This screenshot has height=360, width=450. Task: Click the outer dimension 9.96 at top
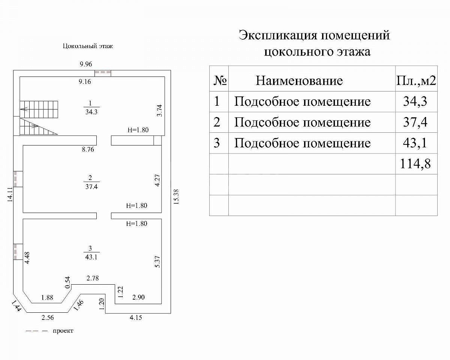point(86,64)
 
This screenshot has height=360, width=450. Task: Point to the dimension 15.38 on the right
point(176,196)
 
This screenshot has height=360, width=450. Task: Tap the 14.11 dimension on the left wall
point(10,195)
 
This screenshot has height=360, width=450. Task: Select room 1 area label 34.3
point(91,112)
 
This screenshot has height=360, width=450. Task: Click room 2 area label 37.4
point(91,186)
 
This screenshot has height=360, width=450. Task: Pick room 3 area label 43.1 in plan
point(91,257)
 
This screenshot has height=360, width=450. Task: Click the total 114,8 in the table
point(415,163)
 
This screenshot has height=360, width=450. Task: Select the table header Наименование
point(299,81)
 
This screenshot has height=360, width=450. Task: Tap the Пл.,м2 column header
point(416,81)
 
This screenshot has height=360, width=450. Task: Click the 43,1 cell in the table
point(415,143)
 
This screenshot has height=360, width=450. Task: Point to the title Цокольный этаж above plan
point(88,46)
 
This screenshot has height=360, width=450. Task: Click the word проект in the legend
point(63,331)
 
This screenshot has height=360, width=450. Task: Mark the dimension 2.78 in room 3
point(93,278)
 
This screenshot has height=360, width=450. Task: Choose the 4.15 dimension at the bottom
point(136,318)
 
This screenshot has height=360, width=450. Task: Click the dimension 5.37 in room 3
point(158,261)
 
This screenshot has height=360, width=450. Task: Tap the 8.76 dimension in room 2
point(88,149)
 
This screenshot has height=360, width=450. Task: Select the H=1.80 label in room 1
point(138,130)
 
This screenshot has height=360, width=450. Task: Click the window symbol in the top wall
point(103,73)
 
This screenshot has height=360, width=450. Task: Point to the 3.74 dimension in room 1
point(159,111)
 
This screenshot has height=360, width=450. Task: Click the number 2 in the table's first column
point(217,122)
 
